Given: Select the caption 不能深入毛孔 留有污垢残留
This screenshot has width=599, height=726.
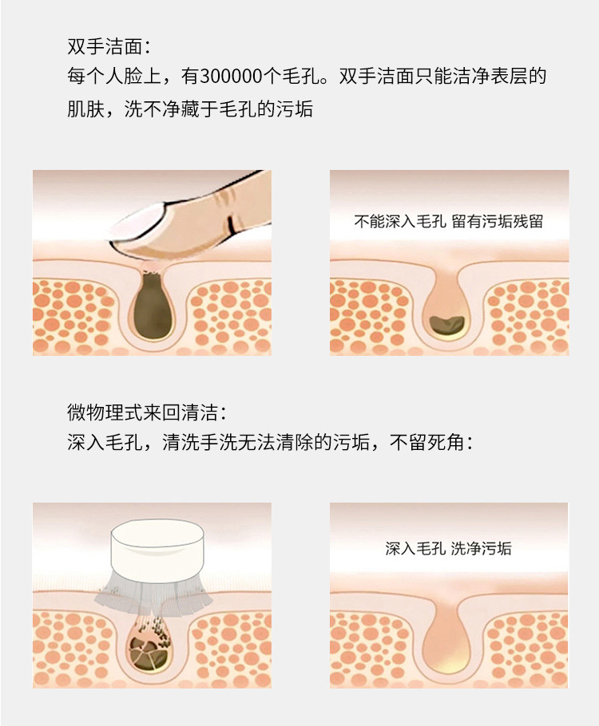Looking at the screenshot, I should (x=449, y=222).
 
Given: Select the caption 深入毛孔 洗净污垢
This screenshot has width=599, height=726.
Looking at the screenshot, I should (x=449, y=549).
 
